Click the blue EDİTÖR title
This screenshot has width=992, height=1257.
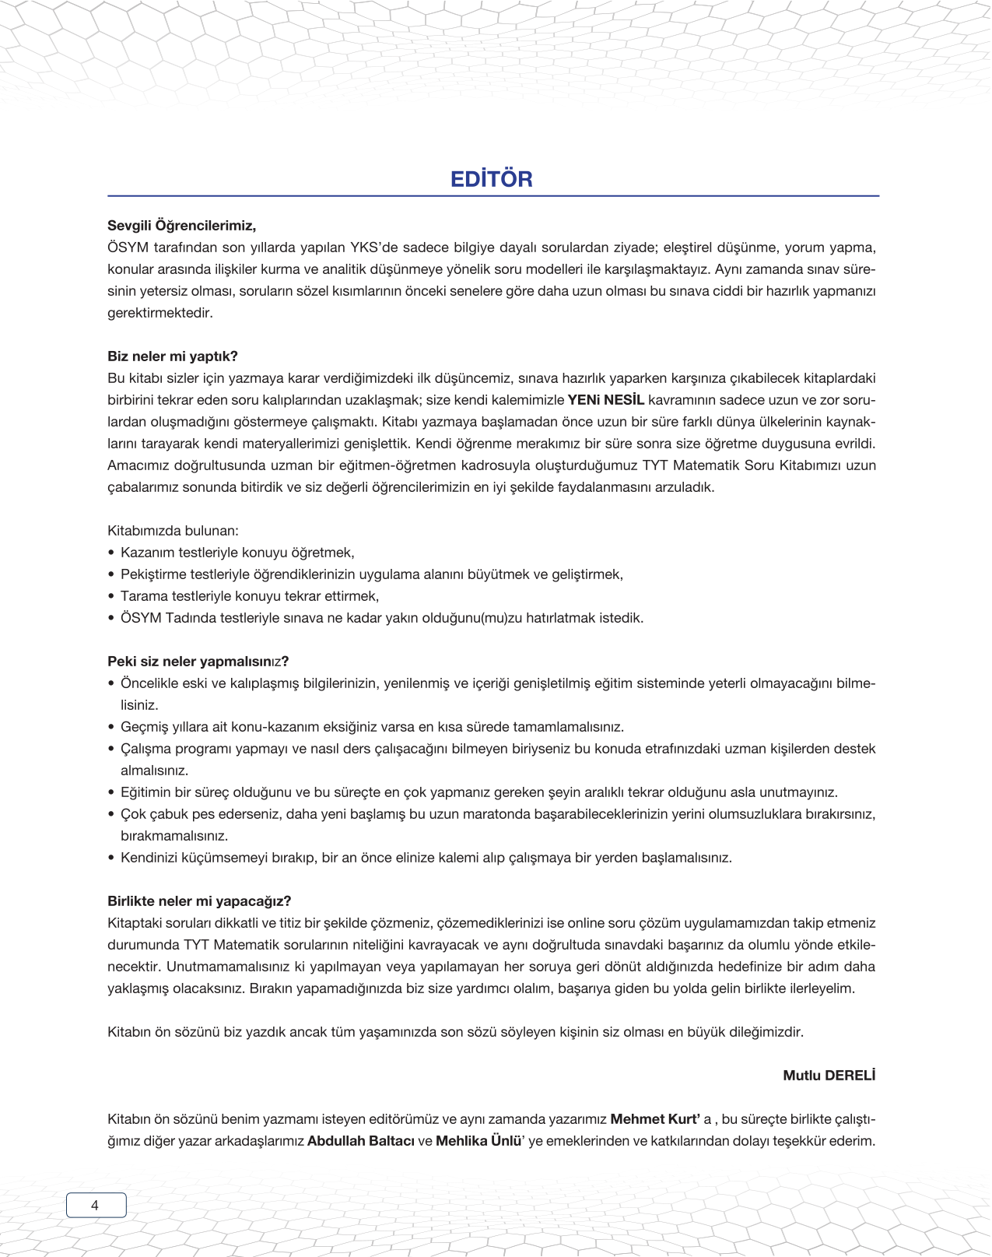click(x=491, y=179)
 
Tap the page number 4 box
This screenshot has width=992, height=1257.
click(x=96, y=1205)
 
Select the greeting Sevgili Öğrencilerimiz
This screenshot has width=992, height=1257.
click(x=181, y=226)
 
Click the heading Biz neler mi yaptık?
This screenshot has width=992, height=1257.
click(x=172, y=356)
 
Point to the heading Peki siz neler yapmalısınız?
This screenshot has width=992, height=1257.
click(x=198, y=662)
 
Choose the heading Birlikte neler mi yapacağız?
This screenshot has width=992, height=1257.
click(x=199, y=901)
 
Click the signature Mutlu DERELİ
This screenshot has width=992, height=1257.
click(x=829, y=1076)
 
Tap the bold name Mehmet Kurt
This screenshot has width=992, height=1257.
click(x=654, y=1119)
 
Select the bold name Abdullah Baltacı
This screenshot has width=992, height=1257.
click(x=360, y=1141)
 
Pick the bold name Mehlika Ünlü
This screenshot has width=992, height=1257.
click(x=478, y=1141)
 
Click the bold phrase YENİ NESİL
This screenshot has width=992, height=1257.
click(x=605, y=400)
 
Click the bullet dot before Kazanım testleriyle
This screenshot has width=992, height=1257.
click(x=111, y=553)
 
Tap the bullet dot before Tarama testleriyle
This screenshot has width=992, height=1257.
click(x=111, y=597)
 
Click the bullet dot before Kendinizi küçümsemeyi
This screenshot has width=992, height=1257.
click(x=111, y=858)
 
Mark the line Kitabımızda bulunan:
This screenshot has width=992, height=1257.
click(x=173, y=531)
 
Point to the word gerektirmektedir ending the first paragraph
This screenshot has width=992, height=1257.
click(x=159, y=313)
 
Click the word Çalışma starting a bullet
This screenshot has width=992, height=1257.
click(x=147, y=749)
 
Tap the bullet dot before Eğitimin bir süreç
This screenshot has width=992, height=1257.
click(x=111, y=793)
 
